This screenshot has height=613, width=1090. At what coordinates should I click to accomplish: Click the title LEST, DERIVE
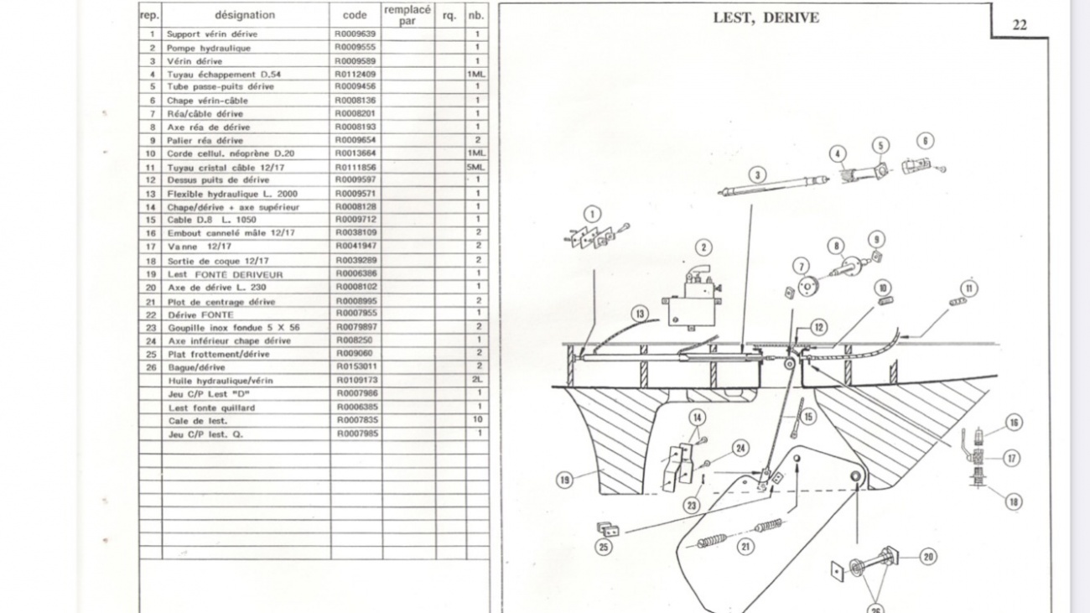(x=765, y=18)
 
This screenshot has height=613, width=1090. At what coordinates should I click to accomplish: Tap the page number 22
(x=1020, y=25)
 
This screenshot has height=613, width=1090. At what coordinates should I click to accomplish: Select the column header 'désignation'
(x=244, y=15)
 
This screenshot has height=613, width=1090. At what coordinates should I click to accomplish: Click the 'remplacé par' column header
(x=407, y=15)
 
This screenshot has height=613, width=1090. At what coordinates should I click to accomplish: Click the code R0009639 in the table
(x=356, y=34)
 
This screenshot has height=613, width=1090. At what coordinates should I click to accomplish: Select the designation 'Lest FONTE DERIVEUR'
(x=224, y=274)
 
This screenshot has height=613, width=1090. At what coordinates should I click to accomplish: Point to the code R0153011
(x=356, y=367)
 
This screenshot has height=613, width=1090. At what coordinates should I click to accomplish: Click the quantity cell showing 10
(x=477, y=420)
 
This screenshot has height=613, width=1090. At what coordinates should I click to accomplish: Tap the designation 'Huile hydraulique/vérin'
(x=220, y=381)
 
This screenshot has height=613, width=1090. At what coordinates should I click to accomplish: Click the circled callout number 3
(x=757, y=175)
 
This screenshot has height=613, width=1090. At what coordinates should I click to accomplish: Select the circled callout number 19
(x=565, y=480)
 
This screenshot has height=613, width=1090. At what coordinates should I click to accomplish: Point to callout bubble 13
(x=641, y=314)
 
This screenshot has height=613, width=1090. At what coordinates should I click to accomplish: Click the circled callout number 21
(x=745, y=547)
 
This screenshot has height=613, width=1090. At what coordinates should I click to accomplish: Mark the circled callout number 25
(x=603, y=547)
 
